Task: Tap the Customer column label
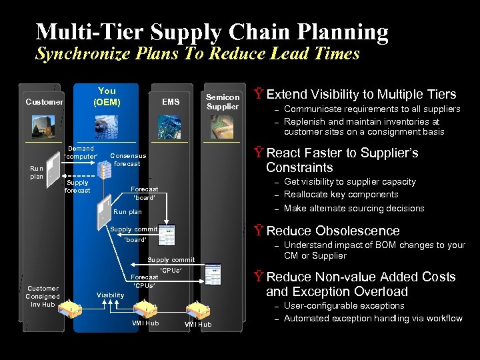click(44, 102)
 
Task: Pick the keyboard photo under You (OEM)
click(107, 124)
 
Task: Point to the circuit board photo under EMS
click(171, 125)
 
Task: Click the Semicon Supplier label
click(222, 102)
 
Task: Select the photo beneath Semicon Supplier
click(222, 126)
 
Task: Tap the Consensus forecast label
click(127, 159)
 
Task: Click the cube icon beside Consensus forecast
click(104, 169)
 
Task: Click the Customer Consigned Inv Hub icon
click(69, 309)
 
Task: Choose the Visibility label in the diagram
click(110, 295)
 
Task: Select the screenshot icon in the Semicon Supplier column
click(213, 274)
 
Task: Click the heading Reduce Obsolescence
click(333, 231)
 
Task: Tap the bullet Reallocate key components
click(341, 195)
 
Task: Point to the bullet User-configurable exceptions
click(344, 305)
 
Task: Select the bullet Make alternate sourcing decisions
click(354, 208)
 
